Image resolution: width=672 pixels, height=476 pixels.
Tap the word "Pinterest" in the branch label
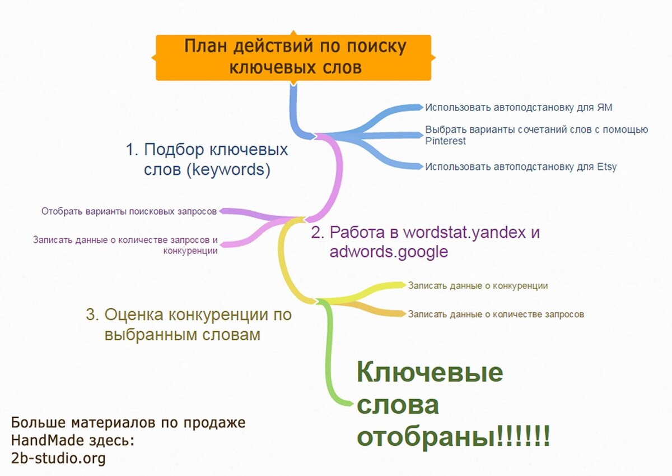445,141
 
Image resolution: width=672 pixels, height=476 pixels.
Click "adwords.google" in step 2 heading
389,252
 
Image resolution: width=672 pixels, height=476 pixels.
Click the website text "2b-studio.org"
58,459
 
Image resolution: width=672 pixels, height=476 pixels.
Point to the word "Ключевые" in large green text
430,373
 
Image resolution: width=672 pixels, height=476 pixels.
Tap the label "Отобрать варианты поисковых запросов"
129,212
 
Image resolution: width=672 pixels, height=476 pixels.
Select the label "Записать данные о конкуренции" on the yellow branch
478,285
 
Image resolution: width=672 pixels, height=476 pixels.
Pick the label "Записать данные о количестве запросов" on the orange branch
496,314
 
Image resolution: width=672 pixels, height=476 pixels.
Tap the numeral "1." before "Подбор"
132,150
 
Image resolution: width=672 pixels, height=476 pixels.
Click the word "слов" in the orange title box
340,68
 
